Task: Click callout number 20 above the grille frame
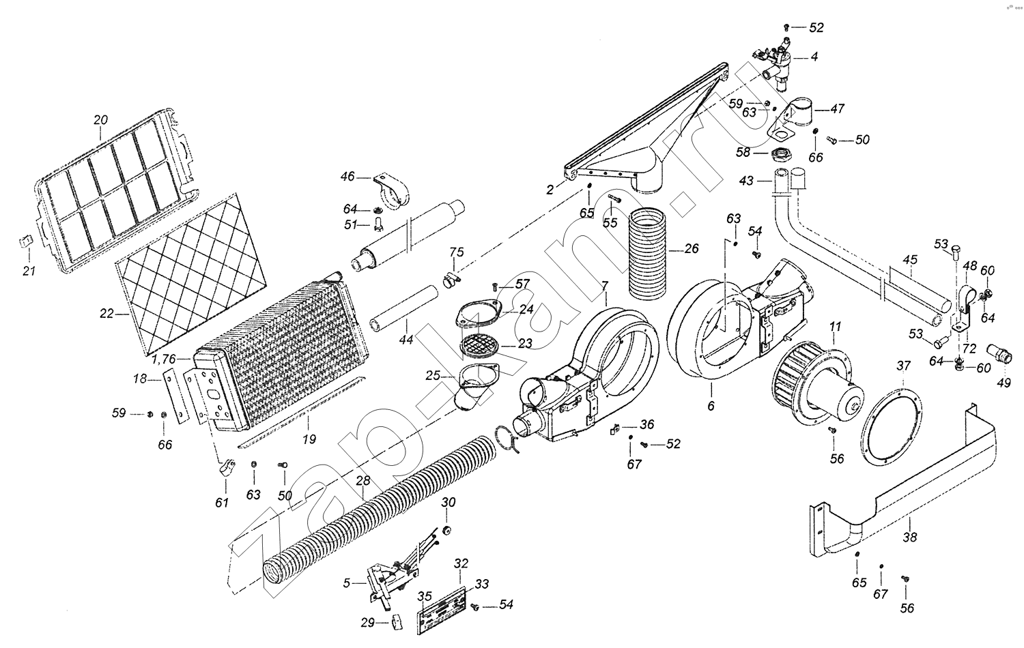click(100, 120)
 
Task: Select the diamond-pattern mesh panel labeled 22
click(195, 273)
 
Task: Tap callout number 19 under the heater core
click(309, 440)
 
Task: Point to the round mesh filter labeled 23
click(480, 344)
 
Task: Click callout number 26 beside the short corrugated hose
click(691, 249)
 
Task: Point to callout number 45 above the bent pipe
click(910, 260)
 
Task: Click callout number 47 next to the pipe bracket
click(837, 108)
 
